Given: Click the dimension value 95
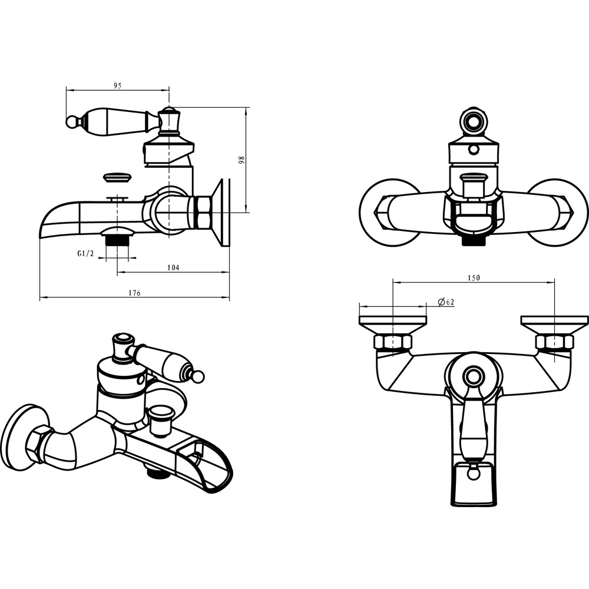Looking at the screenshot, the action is tap(118, 85).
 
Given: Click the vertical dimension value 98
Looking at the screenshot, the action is tap(241, 160).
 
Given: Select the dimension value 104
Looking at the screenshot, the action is tap(173, 267).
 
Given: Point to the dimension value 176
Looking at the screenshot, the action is tap(134, 293).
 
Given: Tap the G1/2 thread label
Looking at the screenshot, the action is tap(85, 254).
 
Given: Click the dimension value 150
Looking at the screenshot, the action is tap(474, 277).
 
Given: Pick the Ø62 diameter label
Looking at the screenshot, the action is tap(446, 302).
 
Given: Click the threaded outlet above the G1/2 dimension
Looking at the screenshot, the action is tap(117, 240).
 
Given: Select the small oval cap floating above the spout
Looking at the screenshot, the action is tap(117, 177).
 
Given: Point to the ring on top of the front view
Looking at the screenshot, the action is tap(474, 121).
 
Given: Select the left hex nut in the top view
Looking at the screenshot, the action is tap(392, 342).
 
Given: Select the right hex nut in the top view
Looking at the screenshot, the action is tap(554, 342).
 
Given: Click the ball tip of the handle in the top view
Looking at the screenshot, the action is tap(474, 474).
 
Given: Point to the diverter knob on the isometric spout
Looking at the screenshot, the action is tap(160, 420).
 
